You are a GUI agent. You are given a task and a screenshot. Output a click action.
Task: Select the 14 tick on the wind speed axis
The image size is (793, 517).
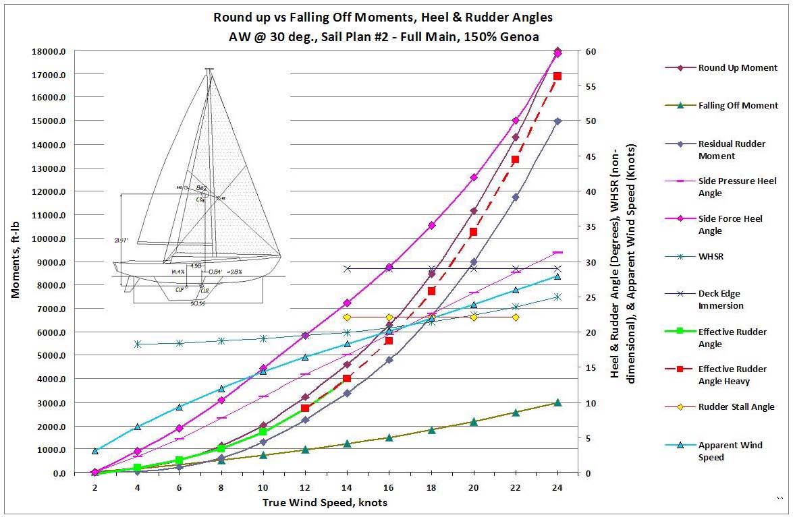[347, 487]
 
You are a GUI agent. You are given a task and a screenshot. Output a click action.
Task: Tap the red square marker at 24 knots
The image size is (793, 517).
[557, 76]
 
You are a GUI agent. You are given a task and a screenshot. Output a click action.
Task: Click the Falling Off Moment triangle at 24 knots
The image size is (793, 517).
[557, 402]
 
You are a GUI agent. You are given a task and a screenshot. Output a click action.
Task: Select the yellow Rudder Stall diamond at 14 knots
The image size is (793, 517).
[347, 317]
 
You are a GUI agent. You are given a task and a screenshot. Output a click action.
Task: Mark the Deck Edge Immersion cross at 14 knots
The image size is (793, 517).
[347, 268]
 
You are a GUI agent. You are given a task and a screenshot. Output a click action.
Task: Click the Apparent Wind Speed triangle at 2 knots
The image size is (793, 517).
[95, 451]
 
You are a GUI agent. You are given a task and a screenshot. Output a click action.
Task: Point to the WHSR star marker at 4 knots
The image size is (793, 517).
[137, 344]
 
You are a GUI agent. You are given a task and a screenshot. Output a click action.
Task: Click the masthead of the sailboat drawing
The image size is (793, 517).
[209, 69]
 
